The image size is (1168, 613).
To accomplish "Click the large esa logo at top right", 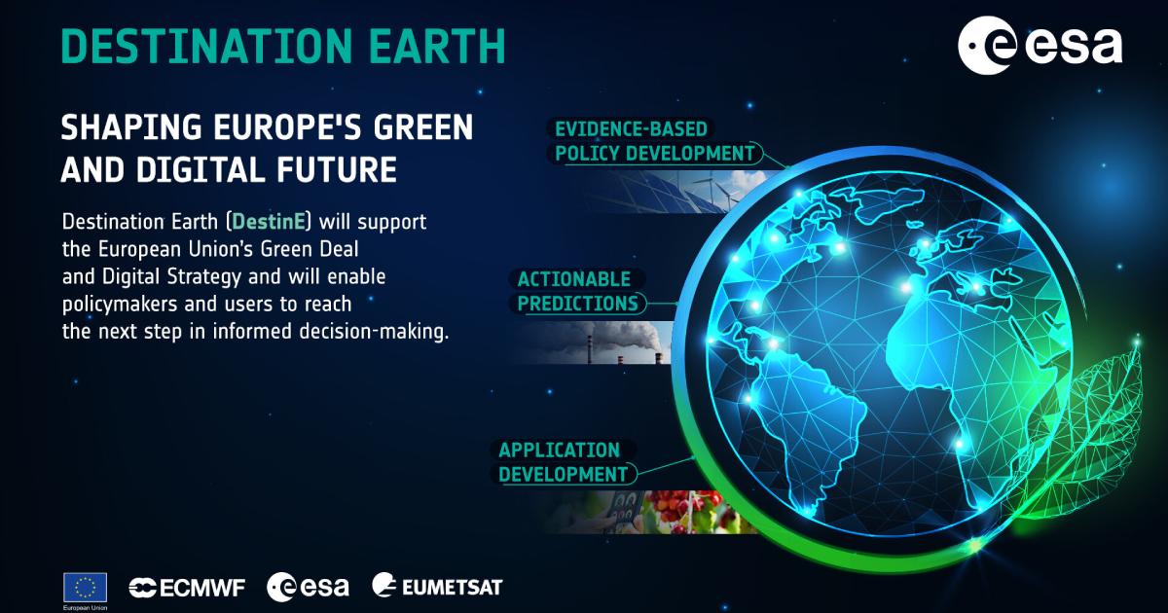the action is point(1040,46).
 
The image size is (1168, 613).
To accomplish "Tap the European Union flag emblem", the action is point(85,588).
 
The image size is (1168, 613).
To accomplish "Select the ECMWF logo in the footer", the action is point(187,588).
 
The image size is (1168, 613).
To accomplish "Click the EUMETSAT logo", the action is point(437,586).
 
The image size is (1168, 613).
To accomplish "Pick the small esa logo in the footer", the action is point(308,587).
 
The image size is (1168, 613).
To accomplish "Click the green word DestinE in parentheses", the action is point(269,222).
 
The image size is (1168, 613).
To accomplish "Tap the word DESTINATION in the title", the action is point(207,46).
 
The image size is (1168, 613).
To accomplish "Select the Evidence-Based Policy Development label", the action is point(654,141).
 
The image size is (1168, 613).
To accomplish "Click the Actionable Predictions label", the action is point(577,291).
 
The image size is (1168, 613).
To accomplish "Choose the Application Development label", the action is point(564,462).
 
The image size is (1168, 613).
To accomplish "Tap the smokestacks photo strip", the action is point(595,342).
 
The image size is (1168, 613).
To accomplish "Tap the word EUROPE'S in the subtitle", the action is point(287,127).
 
